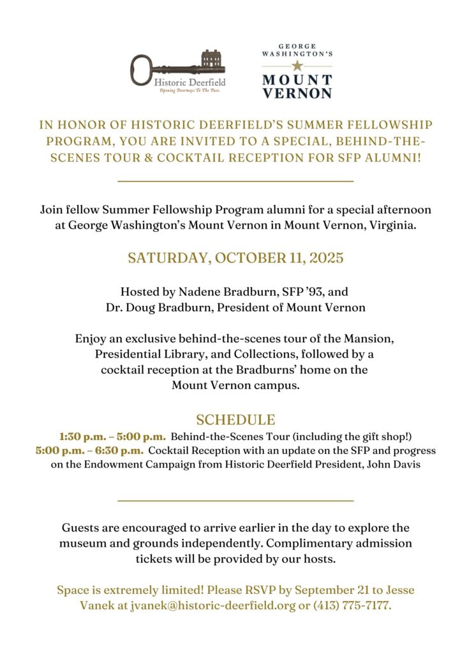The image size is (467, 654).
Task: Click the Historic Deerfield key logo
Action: click(x=178, y=72)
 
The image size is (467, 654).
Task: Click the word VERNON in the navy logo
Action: click(x=298, y=93)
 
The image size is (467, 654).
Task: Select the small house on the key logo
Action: click(x=213, y=59)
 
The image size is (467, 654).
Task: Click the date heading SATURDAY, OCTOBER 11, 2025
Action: click(x=235, y=259)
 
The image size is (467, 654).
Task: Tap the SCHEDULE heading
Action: click(x=235, y=420)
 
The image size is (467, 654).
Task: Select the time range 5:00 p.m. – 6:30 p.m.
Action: click(x=90, y=450)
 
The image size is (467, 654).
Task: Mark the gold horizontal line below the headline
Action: click(x=235, y=181)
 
